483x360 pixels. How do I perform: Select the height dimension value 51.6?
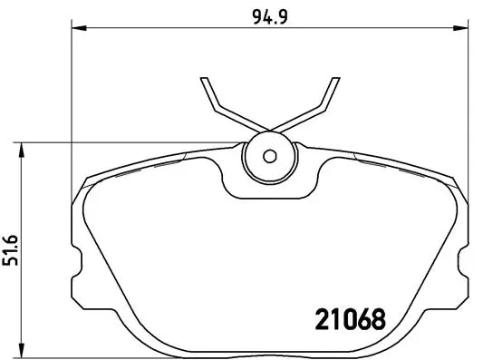pos(13,247)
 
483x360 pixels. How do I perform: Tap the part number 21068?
pos(349,319)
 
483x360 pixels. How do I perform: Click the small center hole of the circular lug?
pos(268,155)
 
